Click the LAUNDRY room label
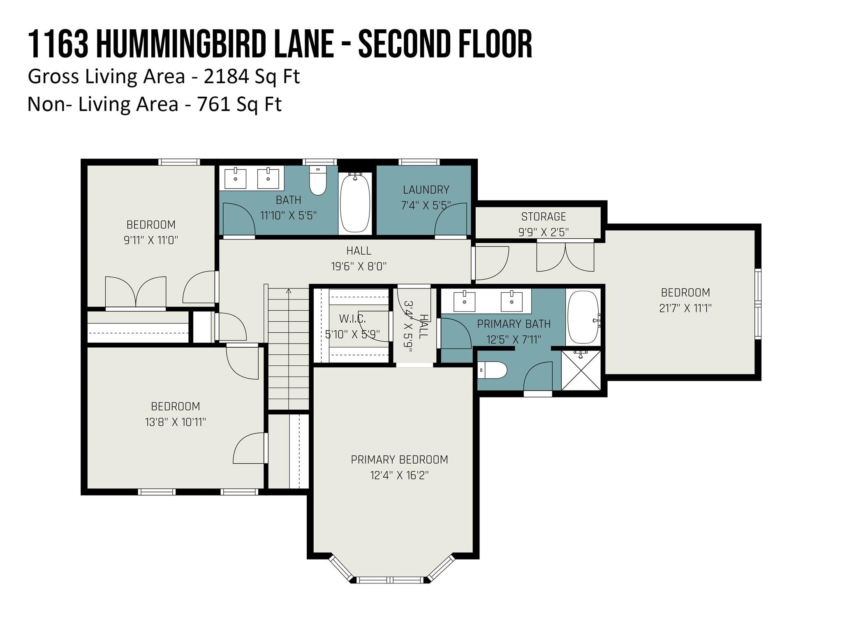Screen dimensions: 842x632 tap(426, 190)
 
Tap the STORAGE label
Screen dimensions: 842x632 tap(544, 216)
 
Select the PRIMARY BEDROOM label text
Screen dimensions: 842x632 tap(399, 460)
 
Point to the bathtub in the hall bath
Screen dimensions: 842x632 tap(355, 204)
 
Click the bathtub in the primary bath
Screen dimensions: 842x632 tap(583, 317)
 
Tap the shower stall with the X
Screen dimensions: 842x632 tap(581, 370)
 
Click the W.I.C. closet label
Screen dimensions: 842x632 tap(352, 318)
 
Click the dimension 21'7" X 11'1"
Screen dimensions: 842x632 tap(685, 308)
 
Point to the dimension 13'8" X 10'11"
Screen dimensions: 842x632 tap(176, 422)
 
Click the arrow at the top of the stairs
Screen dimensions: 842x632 tap(289, 291)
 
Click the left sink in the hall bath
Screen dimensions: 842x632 tap(236, 178)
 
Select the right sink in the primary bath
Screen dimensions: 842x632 tap(511, 302)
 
